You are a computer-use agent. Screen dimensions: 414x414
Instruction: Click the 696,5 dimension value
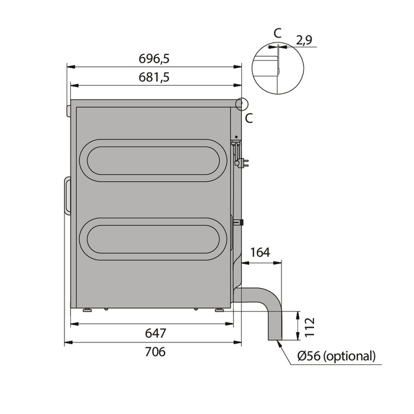pos(154,59)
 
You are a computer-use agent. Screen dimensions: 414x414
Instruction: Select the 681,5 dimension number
pos(154,77)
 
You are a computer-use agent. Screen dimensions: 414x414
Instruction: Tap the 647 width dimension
pos(156,333)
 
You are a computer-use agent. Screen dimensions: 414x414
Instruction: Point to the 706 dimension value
pos(156,352)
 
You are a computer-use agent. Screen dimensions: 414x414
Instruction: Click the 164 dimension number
pos(260,253)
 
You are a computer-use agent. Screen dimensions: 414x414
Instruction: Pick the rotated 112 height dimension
pos(309,326)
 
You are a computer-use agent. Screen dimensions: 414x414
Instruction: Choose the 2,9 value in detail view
pos(304,40)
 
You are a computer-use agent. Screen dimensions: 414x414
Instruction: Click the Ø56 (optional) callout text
pos(336,356)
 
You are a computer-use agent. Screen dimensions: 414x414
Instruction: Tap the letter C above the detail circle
pos(278,33)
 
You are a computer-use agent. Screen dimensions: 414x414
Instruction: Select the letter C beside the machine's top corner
pos(249,118)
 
